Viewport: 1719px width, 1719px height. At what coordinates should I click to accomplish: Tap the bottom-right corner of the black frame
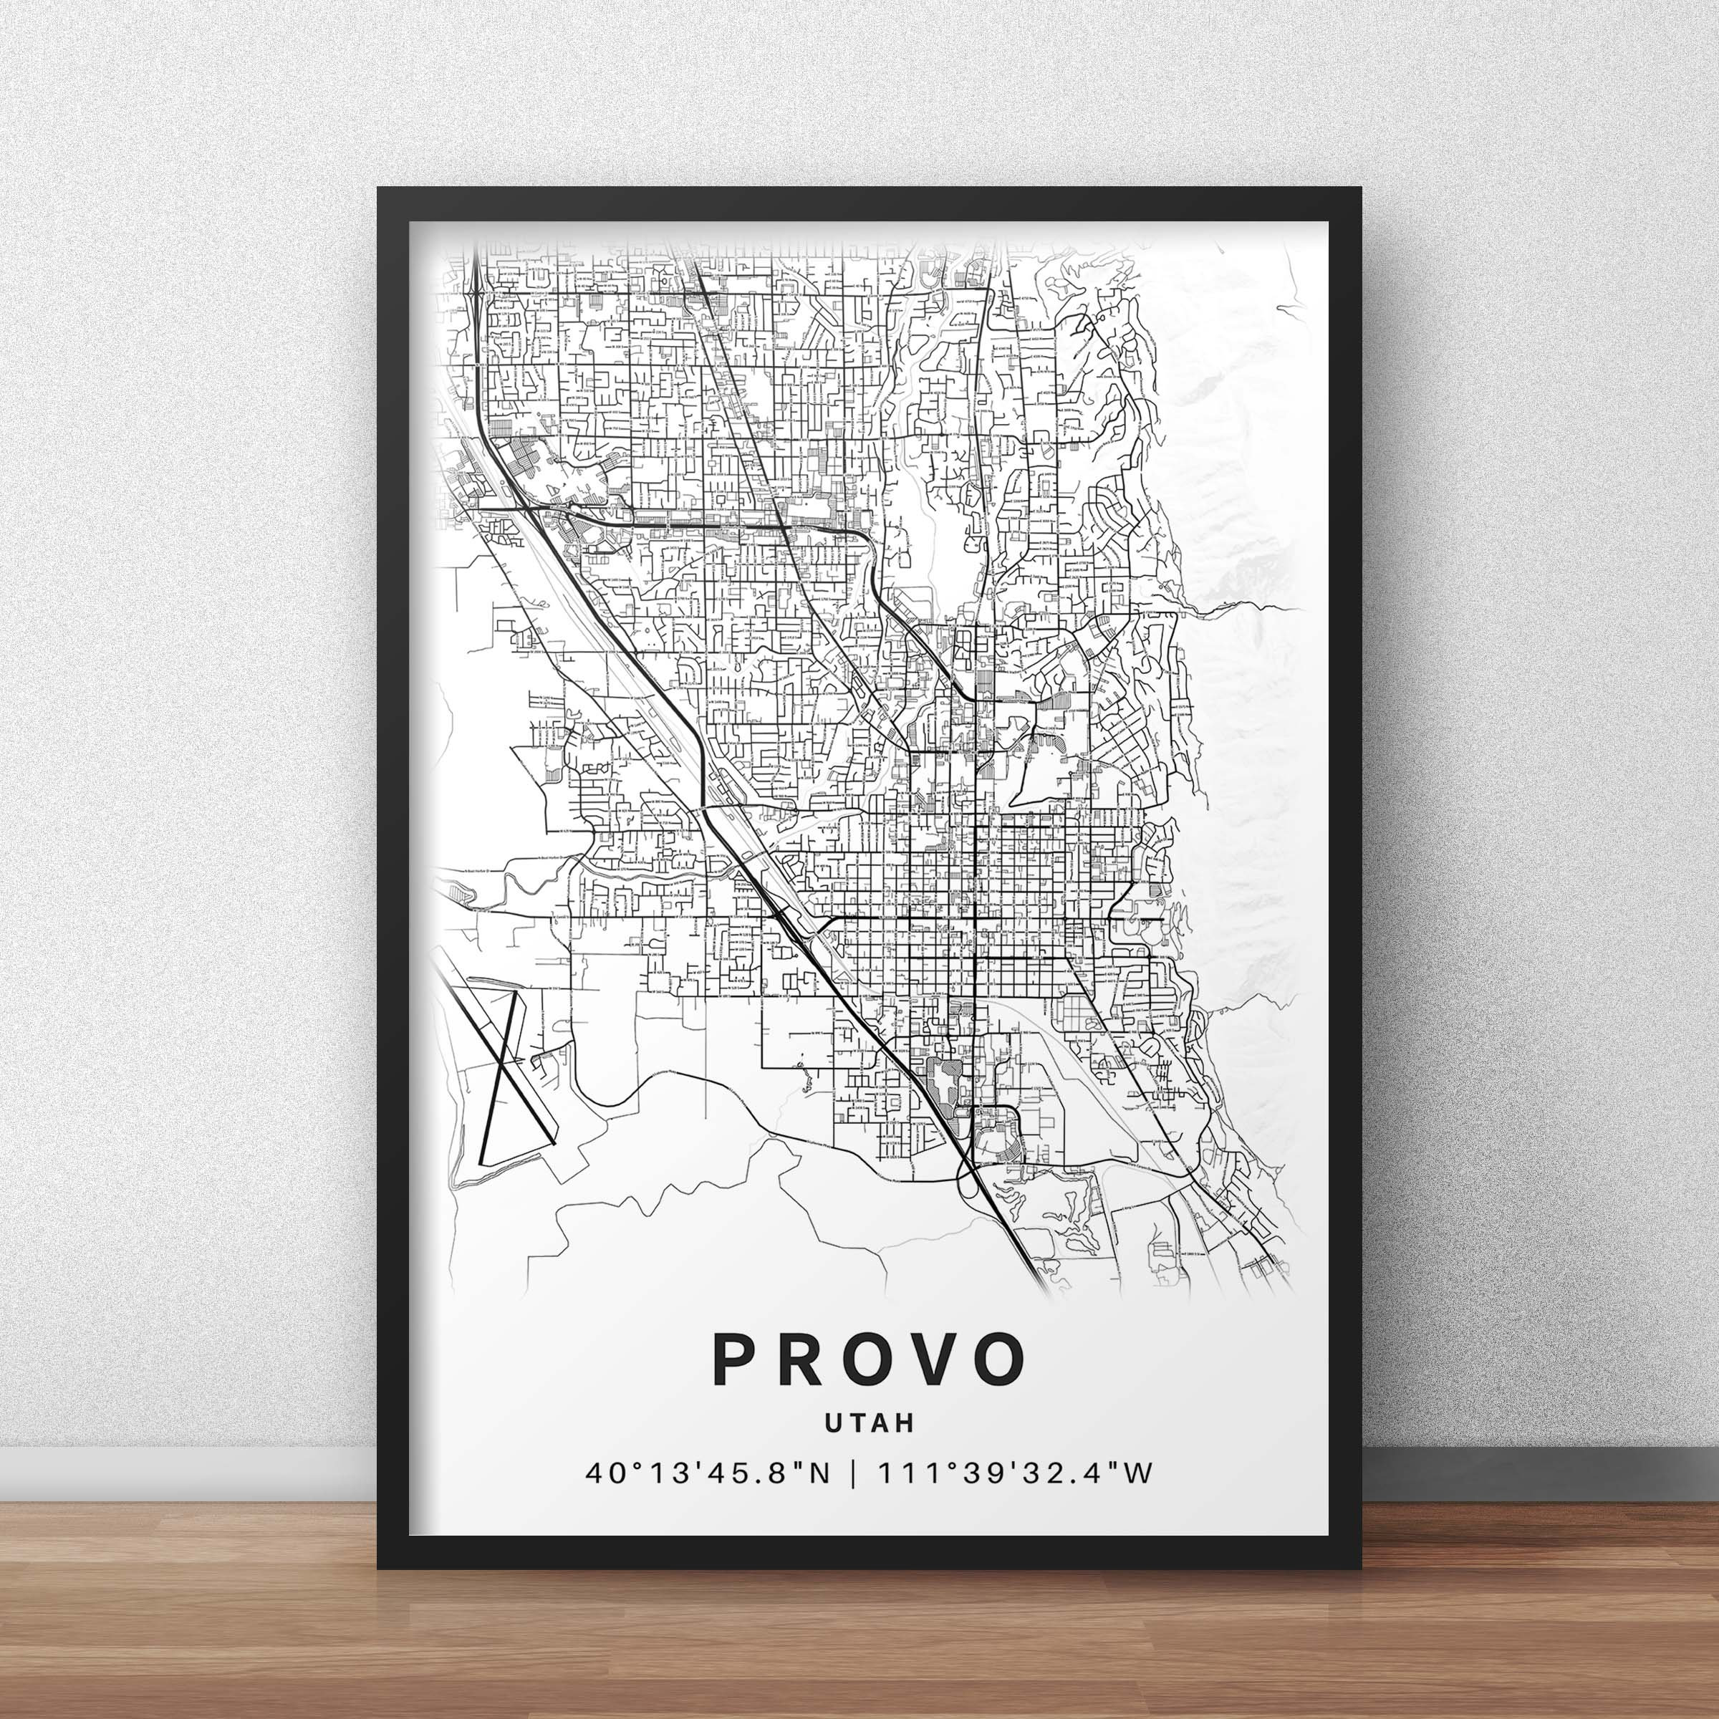(x=1359, y=1568)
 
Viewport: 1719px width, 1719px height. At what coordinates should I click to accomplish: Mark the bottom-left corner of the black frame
(x=379, y=1568)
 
